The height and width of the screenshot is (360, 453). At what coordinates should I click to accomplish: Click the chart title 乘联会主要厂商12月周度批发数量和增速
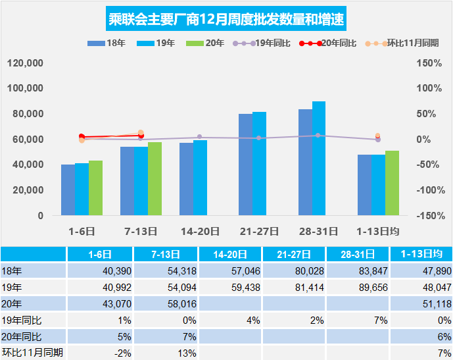pos(226,18)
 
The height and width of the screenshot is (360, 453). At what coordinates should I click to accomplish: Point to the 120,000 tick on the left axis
pos(26,63)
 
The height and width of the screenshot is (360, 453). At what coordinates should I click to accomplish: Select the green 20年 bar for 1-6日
pos(95,188)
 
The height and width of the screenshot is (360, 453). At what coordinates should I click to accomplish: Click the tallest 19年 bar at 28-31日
pos(319,159)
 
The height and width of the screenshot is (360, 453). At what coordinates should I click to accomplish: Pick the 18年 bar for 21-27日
pos(245,165)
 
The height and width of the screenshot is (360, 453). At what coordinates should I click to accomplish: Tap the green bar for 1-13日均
pos(393,183)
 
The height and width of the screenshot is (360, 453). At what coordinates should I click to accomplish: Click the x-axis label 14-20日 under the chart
pos(200,231)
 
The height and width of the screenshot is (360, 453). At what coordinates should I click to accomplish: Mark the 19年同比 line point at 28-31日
pos(318,136)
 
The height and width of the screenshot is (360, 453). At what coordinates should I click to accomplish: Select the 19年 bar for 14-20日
pos(200,178)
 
